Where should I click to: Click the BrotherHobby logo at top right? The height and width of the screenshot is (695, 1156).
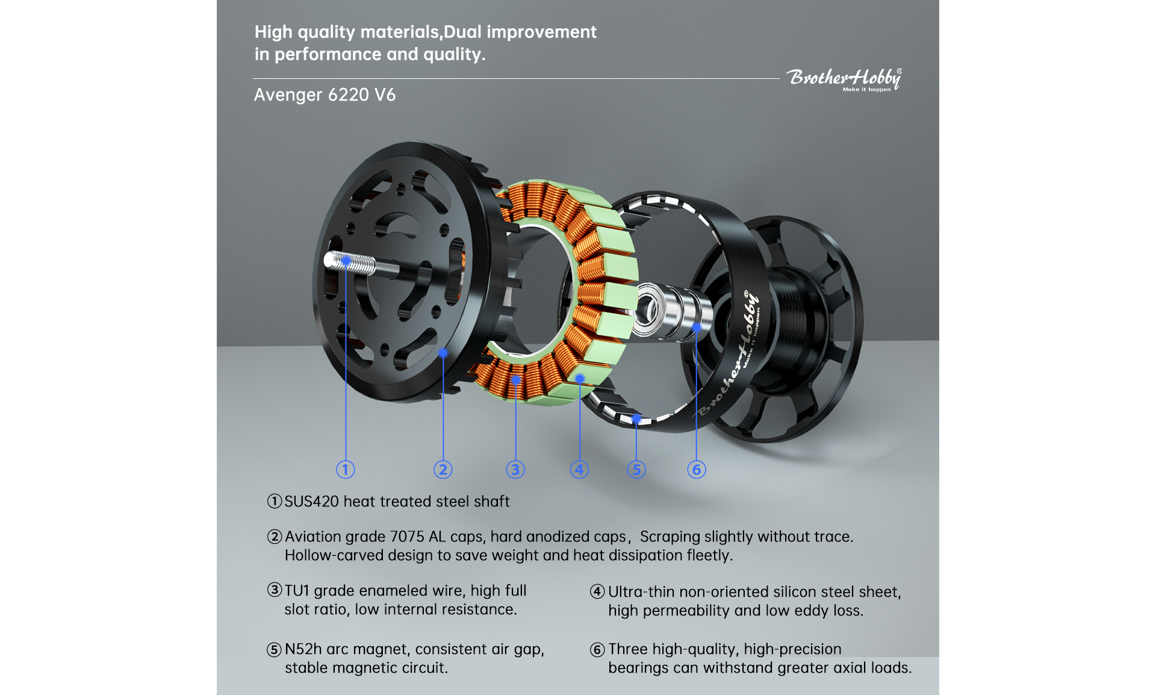click(x=844, y=79)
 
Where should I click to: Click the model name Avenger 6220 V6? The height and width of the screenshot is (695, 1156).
click(x=325, y=95)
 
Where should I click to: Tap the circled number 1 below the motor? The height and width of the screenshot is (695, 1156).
click(x=345, y=470)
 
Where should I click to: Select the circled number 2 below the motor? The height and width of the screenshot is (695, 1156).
click(x=443, y=470)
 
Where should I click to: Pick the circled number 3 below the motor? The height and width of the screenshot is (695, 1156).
click(x=515, y=470)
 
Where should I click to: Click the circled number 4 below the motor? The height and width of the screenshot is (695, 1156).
click(x=579, y=470)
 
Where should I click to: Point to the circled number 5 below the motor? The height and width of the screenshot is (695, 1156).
click(x=636, y=470)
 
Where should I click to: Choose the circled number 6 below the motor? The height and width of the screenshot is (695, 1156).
click(x=697, y=470)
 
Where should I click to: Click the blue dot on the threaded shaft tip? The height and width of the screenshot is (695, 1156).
click(x=346, y=261)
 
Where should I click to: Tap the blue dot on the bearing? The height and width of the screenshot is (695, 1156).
click(x=697, y=328)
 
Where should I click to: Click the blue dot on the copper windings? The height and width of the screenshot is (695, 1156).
click(x=516, y=380)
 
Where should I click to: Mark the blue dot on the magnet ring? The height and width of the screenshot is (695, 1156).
click(x=636, y=418)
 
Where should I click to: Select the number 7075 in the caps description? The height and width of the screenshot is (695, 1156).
click(x=407, y=537)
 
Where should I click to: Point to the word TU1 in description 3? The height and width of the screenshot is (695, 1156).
click(x=297, y=591)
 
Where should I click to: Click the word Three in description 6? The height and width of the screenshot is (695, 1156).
click(x=628, y=649)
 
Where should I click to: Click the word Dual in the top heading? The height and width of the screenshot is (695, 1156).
click(x=463, y=32)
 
